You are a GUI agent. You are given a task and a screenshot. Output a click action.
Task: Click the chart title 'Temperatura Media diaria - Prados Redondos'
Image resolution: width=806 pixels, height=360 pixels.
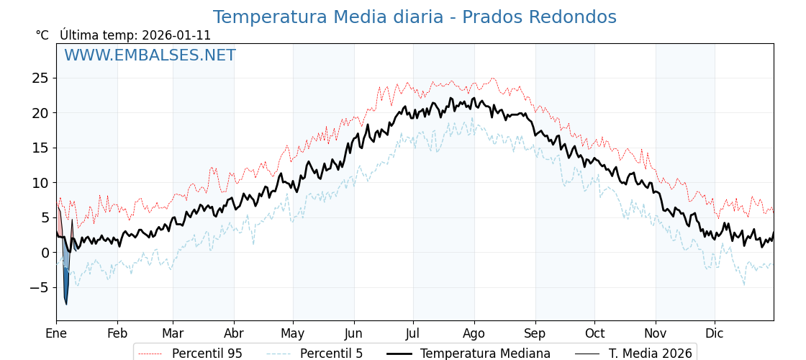point(415,17)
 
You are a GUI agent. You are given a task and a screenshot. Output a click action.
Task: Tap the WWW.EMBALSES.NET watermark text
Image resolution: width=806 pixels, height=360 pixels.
point(150,55)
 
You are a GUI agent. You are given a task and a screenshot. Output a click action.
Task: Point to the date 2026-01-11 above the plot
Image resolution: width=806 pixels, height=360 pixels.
point(176,35)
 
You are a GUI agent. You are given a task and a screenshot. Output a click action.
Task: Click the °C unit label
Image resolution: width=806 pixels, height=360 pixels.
point(42,35)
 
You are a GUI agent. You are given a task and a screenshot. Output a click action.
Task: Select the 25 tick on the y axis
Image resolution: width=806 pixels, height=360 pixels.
point(40,78)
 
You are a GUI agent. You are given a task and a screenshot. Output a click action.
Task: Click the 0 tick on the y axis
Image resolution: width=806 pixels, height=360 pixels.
point(45,253)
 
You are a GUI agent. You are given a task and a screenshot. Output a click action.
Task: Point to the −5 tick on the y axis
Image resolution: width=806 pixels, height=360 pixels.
point(39,288)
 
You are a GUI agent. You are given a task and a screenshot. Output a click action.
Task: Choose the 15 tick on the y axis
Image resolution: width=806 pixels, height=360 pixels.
point(40,148)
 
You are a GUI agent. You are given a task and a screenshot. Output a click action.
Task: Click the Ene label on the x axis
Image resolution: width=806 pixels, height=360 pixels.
point(56,333)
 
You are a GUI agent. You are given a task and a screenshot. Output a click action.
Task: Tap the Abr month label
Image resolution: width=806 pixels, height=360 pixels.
point(234,333)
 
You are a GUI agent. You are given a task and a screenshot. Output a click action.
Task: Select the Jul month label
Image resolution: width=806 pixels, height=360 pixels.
point(413,333)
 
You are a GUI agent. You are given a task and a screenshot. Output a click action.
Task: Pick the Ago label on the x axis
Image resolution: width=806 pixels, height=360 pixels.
point(474,333)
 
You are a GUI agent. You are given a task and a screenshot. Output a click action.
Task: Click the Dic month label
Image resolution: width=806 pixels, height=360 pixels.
point(715,333)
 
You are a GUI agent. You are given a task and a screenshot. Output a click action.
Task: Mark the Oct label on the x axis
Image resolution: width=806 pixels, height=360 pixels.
point(594,333)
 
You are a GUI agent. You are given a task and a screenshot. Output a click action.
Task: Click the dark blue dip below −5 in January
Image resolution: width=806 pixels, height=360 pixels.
point(65,292)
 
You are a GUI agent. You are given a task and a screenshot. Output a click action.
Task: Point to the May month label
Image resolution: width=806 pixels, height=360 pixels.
point(293,333)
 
